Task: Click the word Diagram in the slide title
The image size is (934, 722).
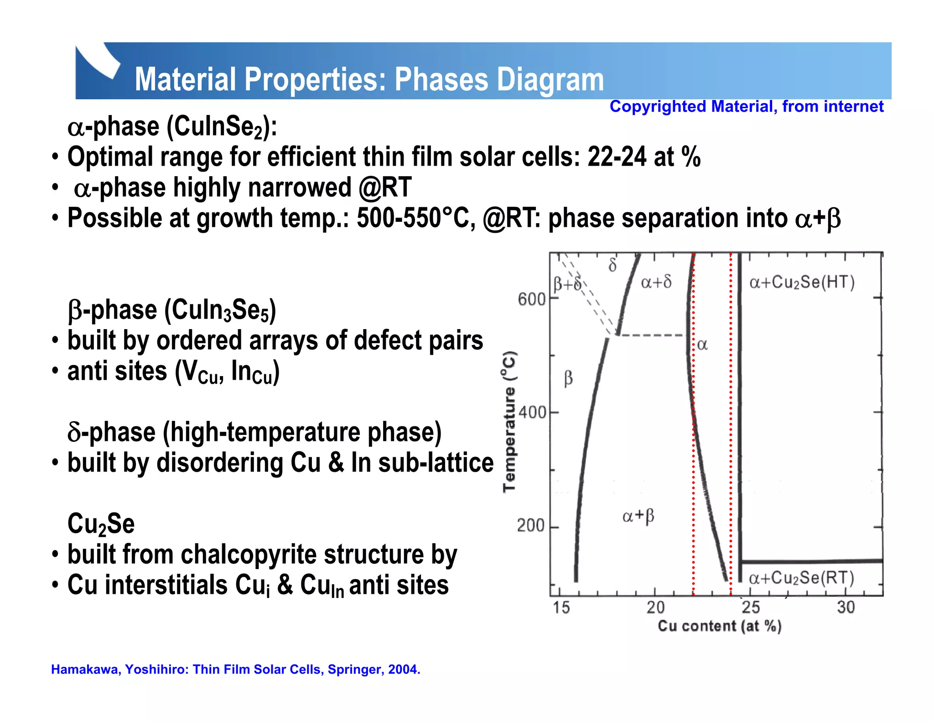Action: coord(550,79)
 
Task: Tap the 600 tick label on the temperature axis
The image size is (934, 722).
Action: coord(531,300)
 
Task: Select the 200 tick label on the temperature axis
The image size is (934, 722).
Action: coord(530,526)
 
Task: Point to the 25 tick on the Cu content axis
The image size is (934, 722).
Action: coord(751,607)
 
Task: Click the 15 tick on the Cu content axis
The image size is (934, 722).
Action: coord(561,607)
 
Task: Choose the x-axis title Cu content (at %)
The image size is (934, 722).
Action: coord(719,626)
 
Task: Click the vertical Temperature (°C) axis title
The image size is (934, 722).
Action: coord(509,421)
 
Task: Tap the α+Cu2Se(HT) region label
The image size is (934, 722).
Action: coord(802,282)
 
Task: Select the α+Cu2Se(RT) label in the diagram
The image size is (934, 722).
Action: coord(801,578)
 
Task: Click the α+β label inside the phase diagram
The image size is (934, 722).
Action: coord(638,516)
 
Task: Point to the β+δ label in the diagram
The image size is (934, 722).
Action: coord(567,284)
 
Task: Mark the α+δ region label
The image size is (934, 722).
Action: coord(656,282)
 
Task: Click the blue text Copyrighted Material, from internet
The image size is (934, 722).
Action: coord(746,106)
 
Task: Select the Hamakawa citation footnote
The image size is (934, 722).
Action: coord(235,669)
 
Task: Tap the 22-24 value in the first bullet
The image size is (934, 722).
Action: coord(617,157)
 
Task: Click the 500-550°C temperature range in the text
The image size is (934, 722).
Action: coord(413,218)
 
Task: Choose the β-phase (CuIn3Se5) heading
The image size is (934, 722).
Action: coord(172,310)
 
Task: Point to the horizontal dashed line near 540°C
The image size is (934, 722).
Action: coord(652,335)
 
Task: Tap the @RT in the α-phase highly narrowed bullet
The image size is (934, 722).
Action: coord(385,188)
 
